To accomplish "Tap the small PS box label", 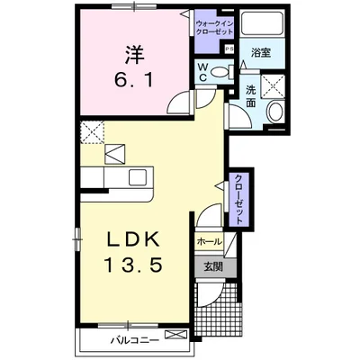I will click(x=229, y=49).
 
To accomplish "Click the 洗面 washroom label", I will click(x=251, y=96).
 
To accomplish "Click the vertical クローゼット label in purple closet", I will click(x=238, y=197).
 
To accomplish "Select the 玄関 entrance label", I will click(x=212, y=265).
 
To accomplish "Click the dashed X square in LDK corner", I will click(x=91, y=133).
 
